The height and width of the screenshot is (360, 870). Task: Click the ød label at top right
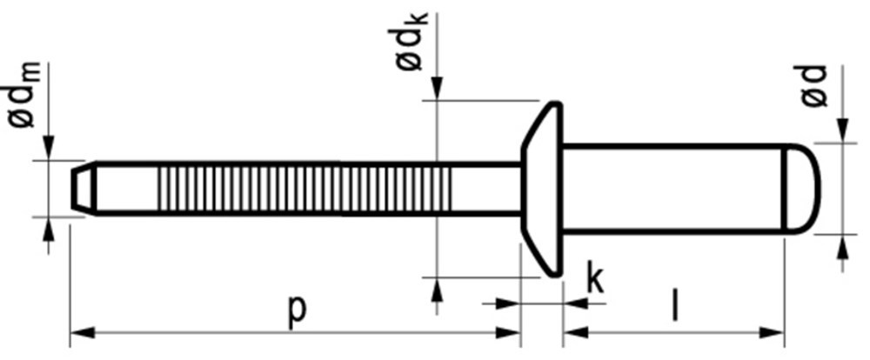tap(815, 87)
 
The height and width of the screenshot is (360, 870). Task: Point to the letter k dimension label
tap(594, 278)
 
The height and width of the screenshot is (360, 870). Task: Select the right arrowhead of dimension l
tap(773, 332)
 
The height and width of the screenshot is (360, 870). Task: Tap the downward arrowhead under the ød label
tap(842, 130)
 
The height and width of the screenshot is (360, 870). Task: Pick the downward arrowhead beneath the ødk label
tap(438, 89)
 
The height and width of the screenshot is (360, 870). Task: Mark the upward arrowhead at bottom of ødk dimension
tap(438, 290)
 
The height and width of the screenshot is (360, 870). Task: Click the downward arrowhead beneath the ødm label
tap(48, 148)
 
